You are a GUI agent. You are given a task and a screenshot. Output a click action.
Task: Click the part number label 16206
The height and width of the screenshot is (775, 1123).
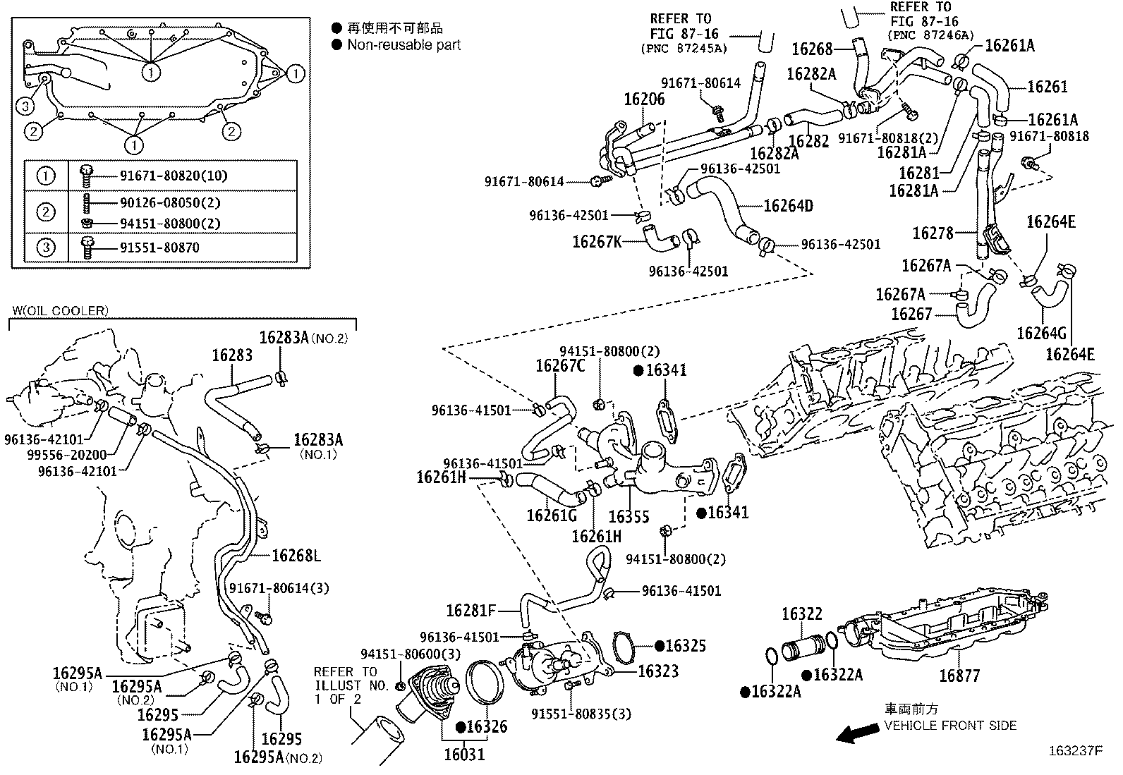(644, 99)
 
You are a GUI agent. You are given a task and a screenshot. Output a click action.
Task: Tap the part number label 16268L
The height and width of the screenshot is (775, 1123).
(296, 556)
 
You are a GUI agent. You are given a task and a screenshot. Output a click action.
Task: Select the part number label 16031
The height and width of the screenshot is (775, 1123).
(465, 755)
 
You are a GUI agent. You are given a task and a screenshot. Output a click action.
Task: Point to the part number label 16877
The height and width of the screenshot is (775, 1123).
(959, 676)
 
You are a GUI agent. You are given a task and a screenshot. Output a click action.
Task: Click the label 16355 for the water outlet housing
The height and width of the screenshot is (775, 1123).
(629, 516)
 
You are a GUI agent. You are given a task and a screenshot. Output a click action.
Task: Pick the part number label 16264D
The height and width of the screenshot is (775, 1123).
(789, 205)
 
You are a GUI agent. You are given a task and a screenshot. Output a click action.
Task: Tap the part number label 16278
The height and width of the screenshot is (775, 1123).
(933, 233)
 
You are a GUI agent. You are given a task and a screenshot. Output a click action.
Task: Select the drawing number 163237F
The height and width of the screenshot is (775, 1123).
(1076, 751)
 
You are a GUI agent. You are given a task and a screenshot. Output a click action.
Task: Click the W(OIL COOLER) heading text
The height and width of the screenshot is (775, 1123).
(60, 311)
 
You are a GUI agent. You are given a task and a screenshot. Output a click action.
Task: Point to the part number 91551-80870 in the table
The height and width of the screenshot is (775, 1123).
(159, 248)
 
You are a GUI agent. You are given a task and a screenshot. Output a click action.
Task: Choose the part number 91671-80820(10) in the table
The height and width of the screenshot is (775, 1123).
(174, 176)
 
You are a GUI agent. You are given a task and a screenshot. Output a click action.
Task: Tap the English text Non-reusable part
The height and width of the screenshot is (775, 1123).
(404, 45)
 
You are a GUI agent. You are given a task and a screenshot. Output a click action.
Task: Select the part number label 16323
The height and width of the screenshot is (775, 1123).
(658, 671)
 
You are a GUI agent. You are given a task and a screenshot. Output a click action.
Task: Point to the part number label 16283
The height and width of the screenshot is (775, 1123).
(232, 355)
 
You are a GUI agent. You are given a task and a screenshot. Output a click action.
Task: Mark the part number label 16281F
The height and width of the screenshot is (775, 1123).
(471, 611)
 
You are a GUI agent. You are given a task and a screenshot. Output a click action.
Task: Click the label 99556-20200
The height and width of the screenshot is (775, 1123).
(67, 455)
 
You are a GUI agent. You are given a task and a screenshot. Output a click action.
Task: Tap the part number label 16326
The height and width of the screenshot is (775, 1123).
(487, 727)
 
